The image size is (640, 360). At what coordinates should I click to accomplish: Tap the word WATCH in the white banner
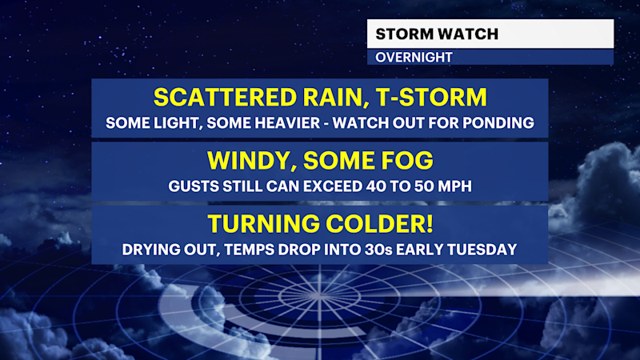coord(469,34)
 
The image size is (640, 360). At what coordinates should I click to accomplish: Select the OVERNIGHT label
coord(414,58)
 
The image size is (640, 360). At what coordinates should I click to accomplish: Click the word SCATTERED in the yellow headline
coord(215,98)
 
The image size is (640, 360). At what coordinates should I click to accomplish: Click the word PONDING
coord(499,124)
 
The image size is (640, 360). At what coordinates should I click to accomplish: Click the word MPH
coord(454,186)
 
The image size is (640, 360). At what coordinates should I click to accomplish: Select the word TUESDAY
coord(482,250)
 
